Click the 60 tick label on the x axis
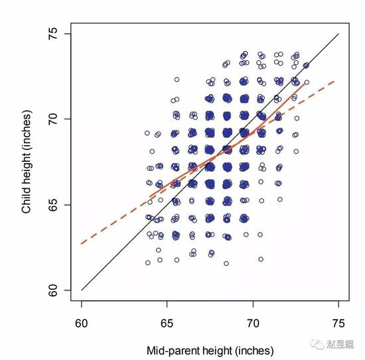(82, 324)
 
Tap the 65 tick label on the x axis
(167, 324)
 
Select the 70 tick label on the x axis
(253, 324)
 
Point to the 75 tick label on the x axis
(338, 324)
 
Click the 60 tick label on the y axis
(53, 290)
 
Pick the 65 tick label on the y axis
(53, 205)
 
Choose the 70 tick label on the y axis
(53, 119)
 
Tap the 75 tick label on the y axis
(53, 34)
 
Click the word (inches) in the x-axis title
(254, 351)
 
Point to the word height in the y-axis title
(26, 170)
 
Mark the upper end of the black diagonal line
(338, 34)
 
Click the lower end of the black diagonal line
(82, 290)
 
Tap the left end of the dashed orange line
(81, 244)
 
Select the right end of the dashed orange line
(334, 81)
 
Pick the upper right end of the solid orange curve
(305, 84)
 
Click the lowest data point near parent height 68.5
(226, 263)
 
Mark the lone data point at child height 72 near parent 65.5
(177, 80)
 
